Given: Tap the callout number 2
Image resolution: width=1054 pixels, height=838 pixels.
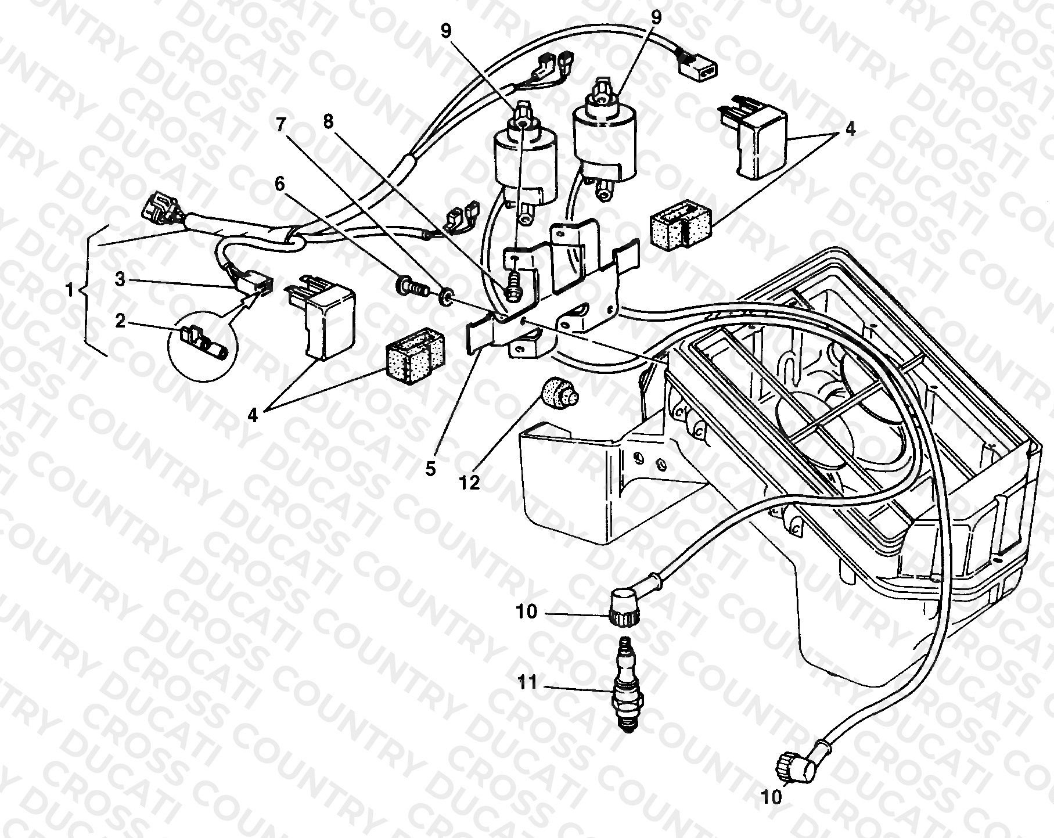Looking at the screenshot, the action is coord(120,320).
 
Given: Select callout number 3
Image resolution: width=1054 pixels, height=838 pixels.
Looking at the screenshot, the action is coord(120,280).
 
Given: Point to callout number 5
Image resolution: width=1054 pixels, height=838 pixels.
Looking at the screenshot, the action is coord(430,469).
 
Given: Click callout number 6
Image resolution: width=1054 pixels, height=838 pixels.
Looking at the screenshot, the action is coord(280,185).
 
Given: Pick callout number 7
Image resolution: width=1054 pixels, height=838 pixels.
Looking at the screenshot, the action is coord(282,125).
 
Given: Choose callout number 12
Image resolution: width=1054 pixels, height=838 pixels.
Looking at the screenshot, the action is coord(471,483).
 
